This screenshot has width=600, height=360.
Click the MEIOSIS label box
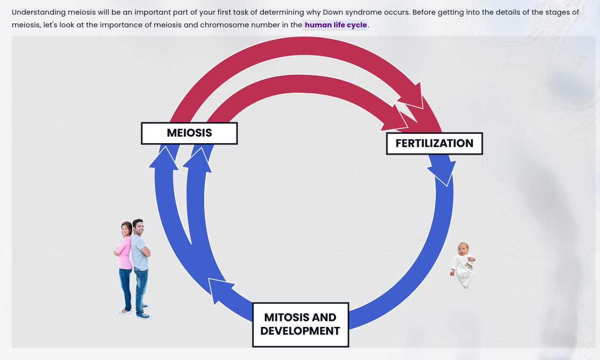189,133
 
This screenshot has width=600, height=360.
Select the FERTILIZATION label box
434,144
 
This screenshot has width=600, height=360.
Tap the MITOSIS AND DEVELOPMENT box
300,324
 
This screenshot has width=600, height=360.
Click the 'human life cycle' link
335,25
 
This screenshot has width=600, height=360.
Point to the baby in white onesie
463,265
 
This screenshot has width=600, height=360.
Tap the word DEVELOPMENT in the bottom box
300,331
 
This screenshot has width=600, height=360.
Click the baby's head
463,249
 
